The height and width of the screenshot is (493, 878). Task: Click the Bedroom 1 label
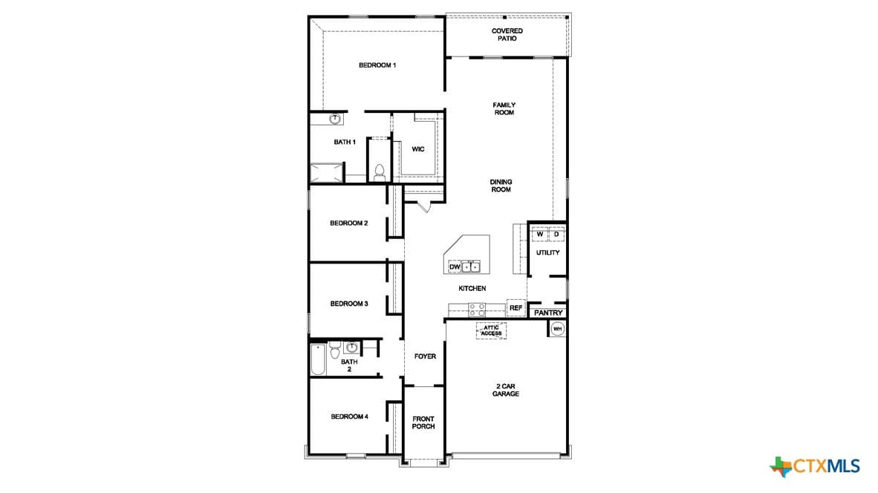click(377, 65)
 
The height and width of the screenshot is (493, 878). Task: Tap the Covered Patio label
click(507, 35)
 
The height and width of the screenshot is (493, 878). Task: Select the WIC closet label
click(418, 148)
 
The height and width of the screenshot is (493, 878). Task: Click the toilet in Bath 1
click(379, 172)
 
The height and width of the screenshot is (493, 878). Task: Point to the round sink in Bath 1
click(335, 119)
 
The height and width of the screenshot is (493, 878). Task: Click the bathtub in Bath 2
click(318, 359)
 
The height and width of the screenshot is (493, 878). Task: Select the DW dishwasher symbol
click(455, 267)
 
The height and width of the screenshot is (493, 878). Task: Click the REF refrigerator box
click(516, 308)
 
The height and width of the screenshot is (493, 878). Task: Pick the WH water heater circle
click(557, 329)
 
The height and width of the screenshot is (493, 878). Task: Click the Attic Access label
click(491, 330)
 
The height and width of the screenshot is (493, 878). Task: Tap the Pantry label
click(548, 313)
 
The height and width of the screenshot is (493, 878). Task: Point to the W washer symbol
click(540, 234)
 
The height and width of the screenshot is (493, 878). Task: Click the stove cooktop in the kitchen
click(477, 310)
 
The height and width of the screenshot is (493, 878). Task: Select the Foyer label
click(425, 356)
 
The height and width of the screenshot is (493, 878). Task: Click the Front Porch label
click(423, 422)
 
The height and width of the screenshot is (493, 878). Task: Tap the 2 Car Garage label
click(506, 390)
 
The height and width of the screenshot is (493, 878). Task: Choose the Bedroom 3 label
click(349, 304)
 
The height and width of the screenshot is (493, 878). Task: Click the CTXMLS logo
click(815, 466)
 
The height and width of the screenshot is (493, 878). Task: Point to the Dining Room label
click(501, 186)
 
